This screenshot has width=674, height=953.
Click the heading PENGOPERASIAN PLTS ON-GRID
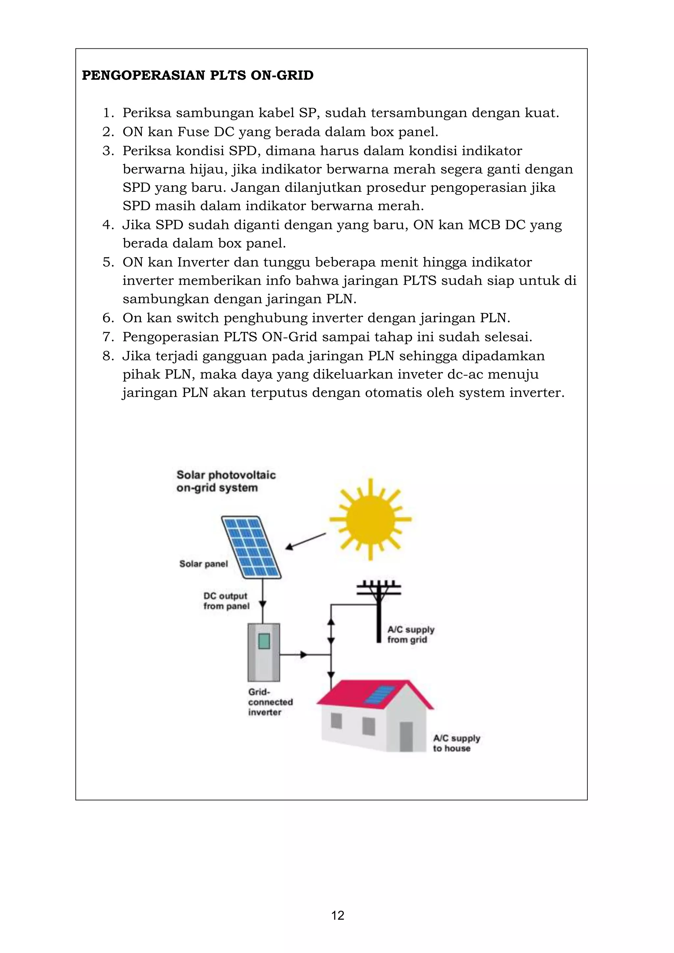pos(197,76)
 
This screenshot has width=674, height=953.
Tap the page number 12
pos(337,915)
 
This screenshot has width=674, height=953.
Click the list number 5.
pos(108,262)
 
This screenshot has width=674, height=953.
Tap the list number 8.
pos(108,356)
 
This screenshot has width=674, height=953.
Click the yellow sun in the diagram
pos(370,519)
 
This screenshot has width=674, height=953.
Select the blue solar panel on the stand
pos(251,547)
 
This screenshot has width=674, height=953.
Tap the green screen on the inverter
pos(264,641)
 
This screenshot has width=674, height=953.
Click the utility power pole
pos(378,610)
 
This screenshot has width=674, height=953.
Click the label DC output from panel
pos(226,601)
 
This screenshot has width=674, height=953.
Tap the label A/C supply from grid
pos(410,634)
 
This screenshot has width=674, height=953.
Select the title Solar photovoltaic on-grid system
pos(226,481)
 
